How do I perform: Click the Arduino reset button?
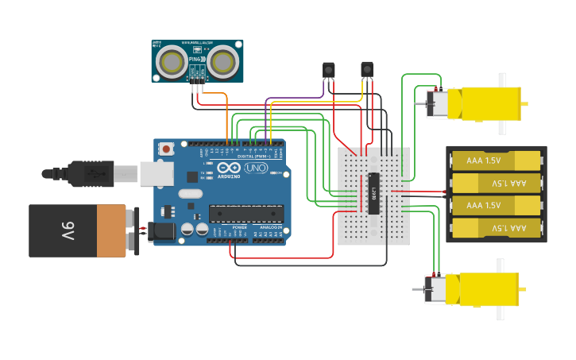pyautogui.click(x=166, y=149)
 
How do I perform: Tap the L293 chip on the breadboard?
pyautogui.click(x=373, y=193)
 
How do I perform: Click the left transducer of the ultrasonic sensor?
pyautogui.click(x=171, y=62)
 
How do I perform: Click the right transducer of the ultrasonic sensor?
pyautogui.click(x=222, y=62)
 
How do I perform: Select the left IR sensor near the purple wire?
pyautogui.click(x=328, y=70)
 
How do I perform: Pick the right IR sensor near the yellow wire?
pyautogui.click(x=367, y=70)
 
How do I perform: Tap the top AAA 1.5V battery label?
pyautogui.click(x=484, y=161)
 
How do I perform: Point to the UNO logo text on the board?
pyautogui.click(x=256, y=168)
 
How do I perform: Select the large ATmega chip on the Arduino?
pyautogui.click(x=245, y=213)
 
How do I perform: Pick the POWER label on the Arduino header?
pyautogui.click(x=240, y=228)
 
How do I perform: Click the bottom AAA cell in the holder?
pyautogui.click(x=496, y=228)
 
